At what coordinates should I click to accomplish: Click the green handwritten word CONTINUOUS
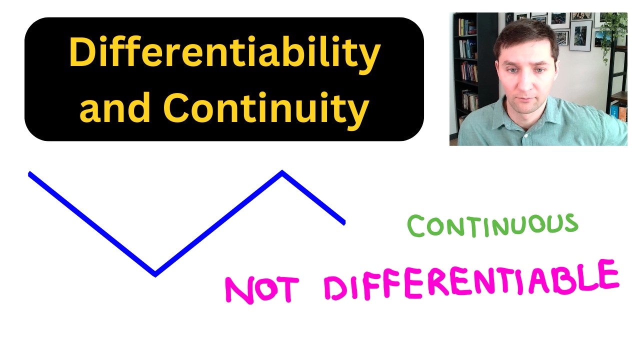click(492, 225)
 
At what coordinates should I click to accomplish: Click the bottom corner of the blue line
click(155, 273)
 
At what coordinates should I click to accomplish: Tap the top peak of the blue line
click(282, 172)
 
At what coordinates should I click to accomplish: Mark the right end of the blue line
click(343, 222)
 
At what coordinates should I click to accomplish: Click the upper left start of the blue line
click(30, 174)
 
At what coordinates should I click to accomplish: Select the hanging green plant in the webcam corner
click(614, 30)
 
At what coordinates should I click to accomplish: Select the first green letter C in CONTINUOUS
click(416, 227)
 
